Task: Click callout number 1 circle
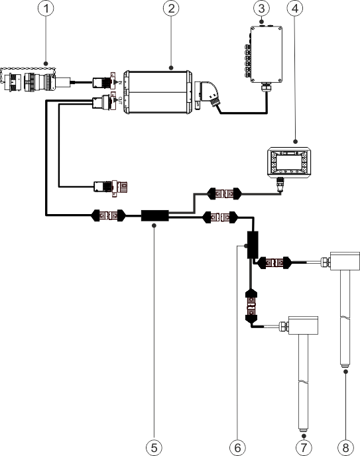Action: (x=45, y=11)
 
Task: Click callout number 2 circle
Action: (x=171, y=11)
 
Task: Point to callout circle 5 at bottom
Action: (x=154, y=447)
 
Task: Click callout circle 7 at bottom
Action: (x=304, y=447)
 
